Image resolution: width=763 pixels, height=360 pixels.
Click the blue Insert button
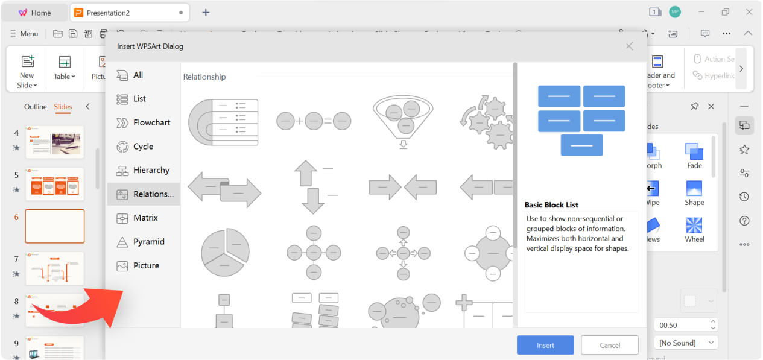(545, 345)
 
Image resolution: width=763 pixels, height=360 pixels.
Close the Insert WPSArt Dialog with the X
(629, 46)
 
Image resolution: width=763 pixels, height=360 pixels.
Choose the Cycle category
(144, 147)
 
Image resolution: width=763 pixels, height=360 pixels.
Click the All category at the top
(138, 75)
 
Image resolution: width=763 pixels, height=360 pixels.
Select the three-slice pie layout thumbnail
(224, 252)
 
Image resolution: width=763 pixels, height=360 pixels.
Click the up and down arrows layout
(313, 187)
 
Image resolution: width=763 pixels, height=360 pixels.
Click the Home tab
(34, 13)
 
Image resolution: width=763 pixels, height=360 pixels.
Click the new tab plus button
(206, 13)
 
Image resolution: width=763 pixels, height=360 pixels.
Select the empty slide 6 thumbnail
(55, 226)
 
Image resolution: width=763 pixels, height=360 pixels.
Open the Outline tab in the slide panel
(35, 107)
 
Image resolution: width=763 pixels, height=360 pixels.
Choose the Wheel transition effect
(694, 229)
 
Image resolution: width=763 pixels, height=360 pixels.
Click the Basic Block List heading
(551, 205)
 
